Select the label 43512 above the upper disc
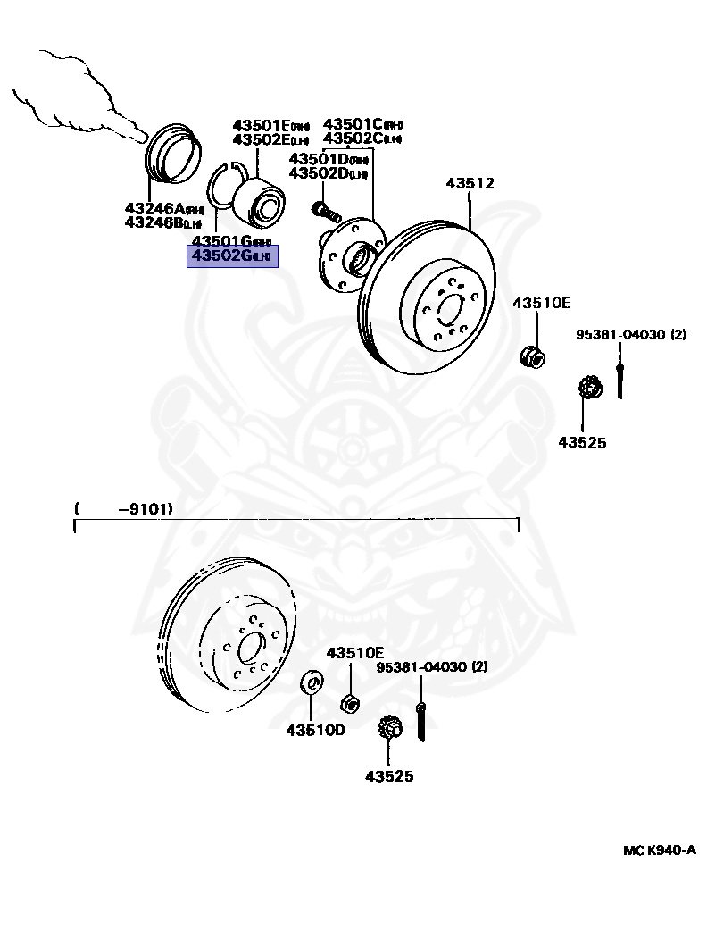click(470, 184)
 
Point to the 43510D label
click(315, 730)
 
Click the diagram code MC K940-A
click(659, 849)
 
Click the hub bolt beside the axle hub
click(326, 211)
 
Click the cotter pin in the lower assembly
click(420, 721)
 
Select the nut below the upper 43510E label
click(531, 356)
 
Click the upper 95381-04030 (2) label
click(630, 335)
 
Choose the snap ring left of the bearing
click(222, 188)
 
